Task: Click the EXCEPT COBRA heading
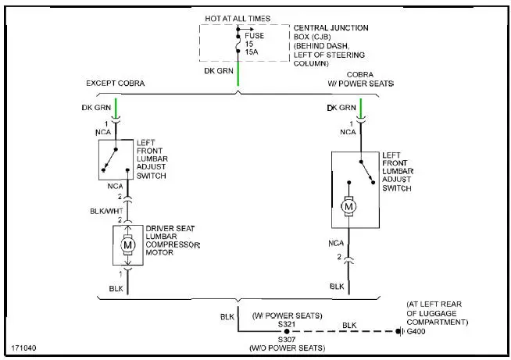[x=115, y=83]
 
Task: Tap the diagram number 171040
[x=24, y=347]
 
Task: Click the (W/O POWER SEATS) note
[x=281, y=348]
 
